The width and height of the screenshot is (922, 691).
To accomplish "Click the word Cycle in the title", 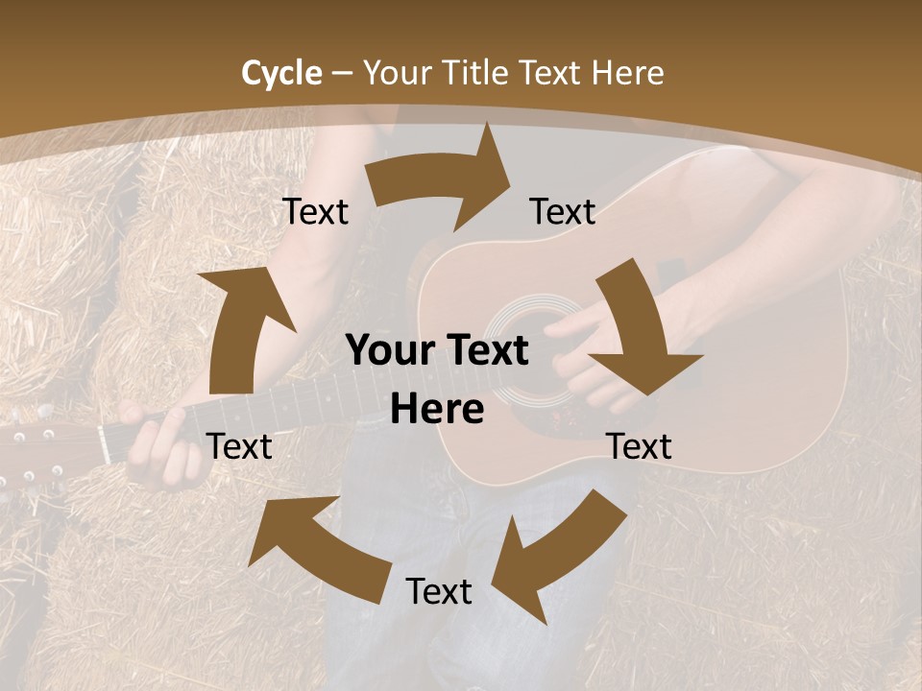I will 281,73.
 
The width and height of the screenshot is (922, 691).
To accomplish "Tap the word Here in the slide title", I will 628,73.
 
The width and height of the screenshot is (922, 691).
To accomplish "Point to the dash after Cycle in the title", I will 342,73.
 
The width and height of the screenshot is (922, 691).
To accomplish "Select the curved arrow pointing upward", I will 240,326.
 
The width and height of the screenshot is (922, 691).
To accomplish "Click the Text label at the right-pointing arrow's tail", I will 315,212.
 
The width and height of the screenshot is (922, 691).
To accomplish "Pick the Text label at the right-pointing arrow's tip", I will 563,212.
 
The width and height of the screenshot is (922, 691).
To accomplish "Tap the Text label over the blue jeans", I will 439,591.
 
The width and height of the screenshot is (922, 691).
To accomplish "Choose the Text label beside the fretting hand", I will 239,446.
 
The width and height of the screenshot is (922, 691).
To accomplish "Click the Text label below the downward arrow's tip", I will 639,446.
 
